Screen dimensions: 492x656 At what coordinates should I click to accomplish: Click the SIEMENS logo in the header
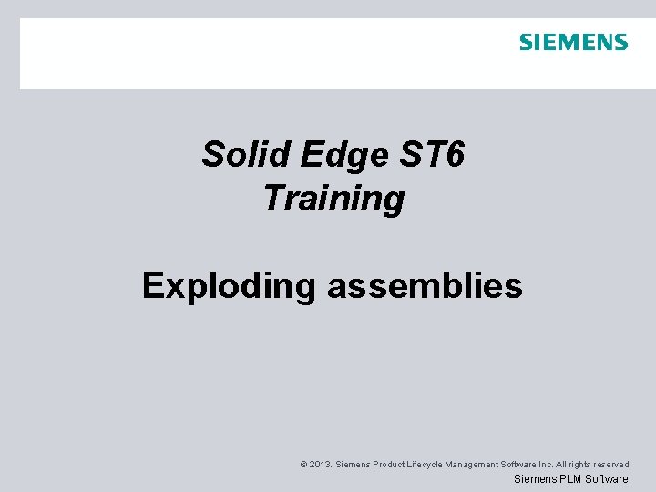point(573,42)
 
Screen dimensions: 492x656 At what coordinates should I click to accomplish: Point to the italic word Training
point(333,199)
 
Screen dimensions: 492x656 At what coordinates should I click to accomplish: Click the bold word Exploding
point(228,286)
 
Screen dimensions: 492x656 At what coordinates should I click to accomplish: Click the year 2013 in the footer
point(320,465)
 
